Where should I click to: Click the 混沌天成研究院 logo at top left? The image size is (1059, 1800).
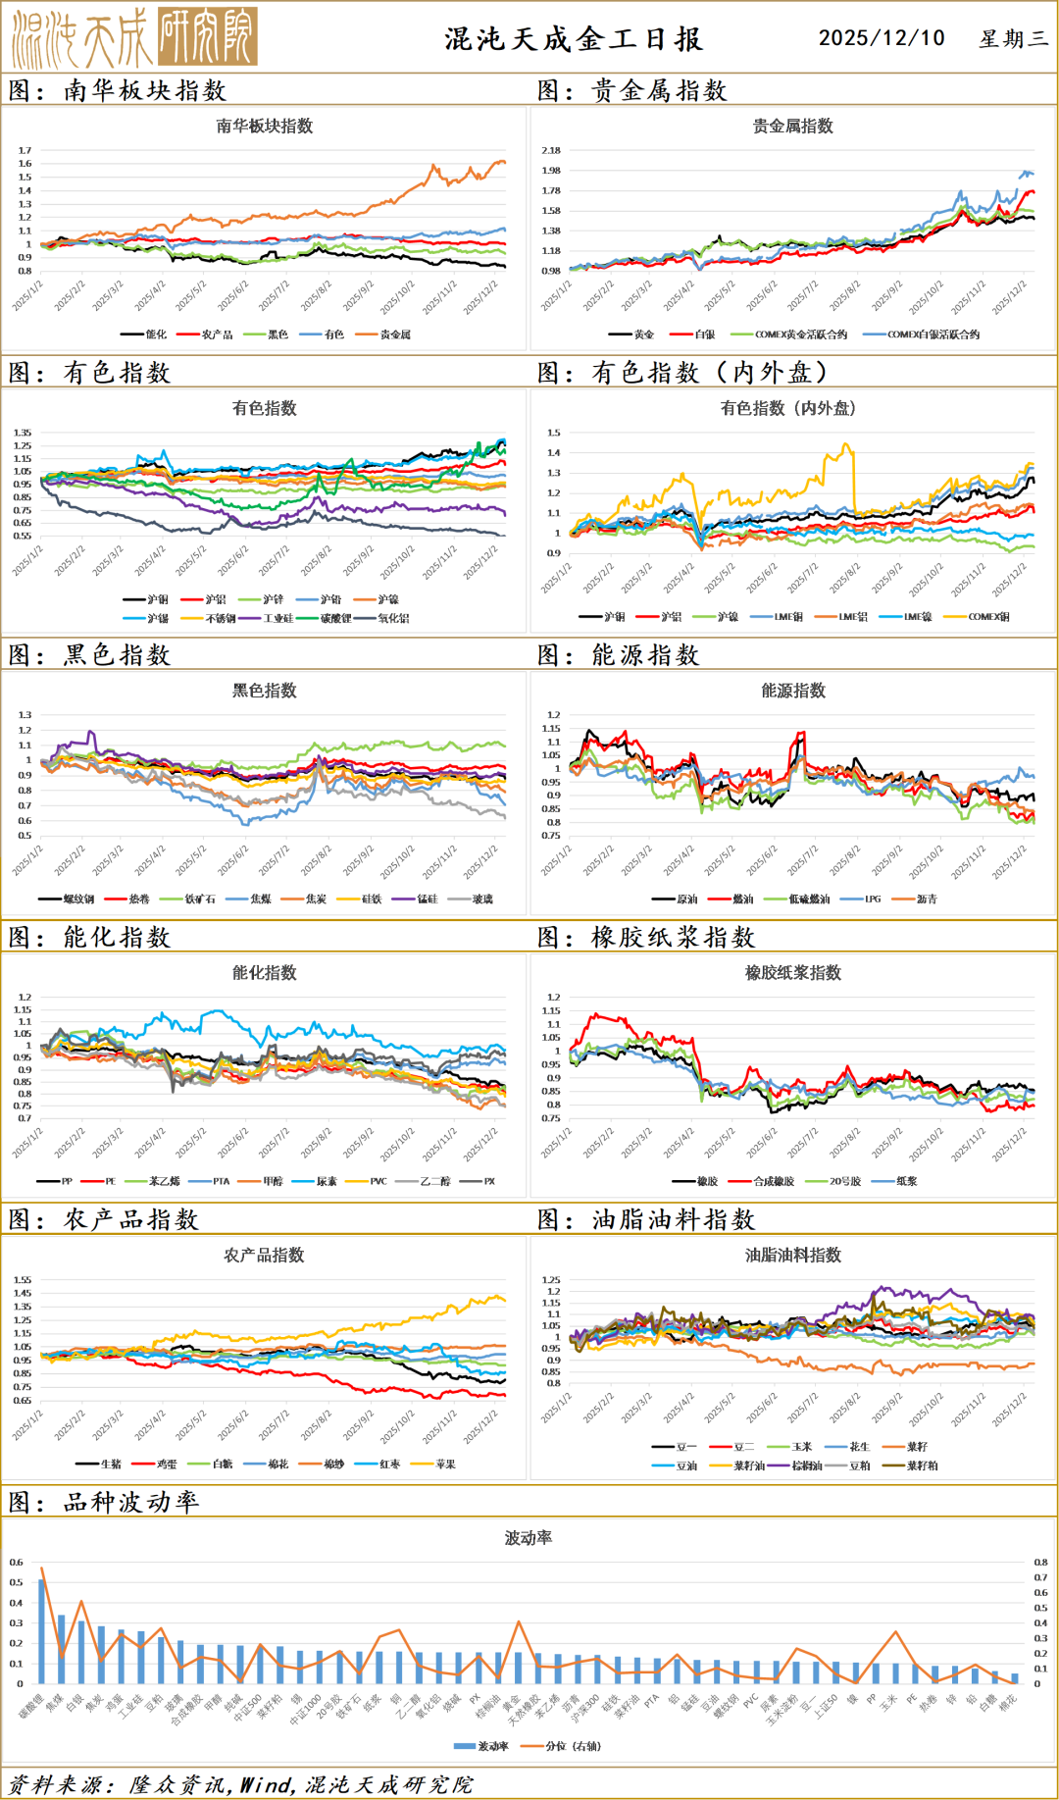(x=134, y=37)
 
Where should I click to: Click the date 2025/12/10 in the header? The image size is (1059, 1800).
(x=882, y=38)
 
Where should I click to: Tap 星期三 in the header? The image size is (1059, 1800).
(x=1013, y=39)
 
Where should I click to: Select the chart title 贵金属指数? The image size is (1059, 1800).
(x=792, y=126)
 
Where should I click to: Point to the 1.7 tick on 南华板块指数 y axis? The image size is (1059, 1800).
(x=25, y=151)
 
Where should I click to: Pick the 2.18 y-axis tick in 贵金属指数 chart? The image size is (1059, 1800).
(x=551, y=150)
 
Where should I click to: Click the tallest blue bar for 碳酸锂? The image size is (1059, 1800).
(x=41, y=1630)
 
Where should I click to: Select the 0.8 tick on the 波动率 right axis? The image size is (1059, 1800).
(x=1040, y=1563)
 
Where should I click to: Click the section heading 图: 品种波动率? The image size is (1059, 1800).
(x=103, y=1502)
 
